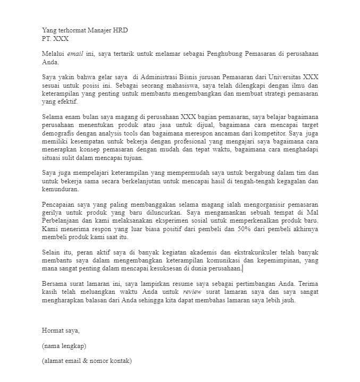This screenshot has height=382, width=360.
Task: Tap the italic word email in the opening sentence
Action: (75, 54)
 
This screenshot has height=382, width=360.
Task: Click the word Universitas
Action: (285, 77)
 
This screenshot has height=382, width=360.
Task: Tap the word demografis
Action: (58, 134)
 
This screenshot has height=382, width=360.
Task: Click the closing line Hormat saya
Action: (61, 330)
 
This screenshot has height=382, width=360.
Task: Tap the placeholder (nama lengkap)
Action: (64, 346)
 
